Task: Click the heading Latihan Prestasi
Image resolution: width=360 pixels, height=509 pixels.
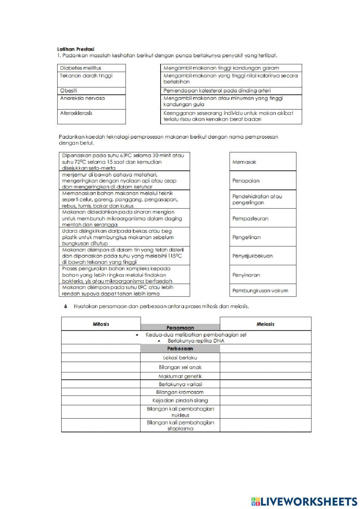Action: click(x=76, y=49)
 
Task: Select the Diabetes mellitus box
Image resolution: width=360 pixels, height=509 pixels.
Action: click(x=91, y=68)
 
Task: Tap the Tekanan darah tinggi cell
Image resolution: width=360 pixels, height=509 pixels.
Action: click(x=91, y=79)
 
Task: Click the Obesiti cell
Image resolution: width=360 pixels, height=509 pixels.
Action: click(x=91, y=91)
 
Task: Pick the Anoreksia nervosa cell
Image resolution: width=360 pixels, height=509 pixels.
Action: click(x=91, y=102)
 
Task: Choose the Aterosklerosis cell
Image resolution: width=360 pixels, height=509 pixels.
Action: click(x=91, y=117)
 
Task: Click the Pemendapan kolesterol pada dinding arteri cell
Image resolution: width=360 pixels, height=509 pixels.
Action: click(x=231, y=91)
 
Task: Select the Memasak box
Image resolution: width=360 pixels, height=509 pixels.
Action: click(x=263, y=162)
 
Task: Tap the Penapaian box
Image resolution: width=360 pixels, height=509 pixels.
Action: click(x=263, y=180)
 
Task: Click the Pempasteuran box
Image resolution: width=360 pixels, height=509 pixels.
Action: click(x=263, y=218)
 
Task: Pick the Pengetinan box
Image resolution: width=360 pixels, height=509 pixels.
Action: click(x=263, y=237)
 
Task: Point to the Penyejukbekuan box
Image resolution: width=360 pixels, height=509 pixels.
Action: click(x=263, y=256)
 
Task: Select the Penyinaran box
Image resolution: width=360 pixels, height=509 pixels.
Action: click(x=263, y=275)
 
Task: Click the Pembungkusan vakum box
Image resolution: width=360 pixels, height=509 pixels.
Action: click(x=263, y=290)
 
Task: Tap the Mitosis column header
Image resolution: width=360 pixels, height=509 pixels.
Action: click(x=101, y=324)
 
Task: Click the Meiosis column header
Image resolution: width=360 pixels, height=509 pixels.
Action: click(x=265, y=324)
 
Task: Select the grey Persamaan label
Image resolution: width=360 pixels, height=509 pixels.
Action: click(x=180, y=327)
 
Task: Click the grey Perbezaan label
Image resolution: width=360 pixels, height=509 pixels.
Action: click(x=180, y=349)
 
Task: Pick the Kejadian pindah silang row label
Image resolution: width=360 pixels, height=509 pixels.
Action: click(x=180, y=400)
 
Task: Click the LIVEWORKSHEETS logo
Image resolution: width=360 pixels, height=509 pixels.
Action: click(x=304, y=501)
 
